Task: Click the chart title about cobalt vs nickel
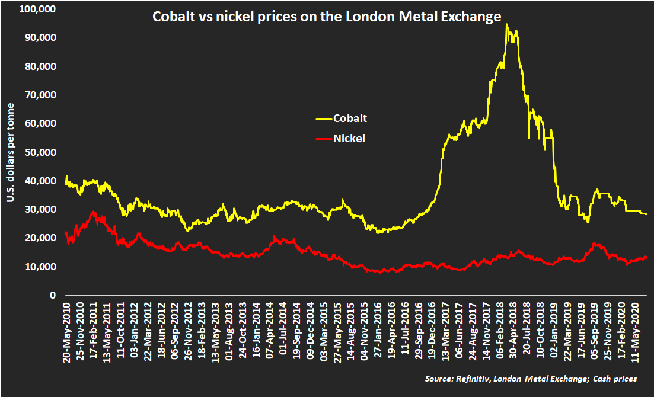point(327,17)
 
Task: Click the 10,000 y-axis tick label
point(42,267)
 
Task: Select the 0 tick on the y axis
point(53,295)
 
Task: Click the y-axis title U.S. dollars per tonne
point(11,151)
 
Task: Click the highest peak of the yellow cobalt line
point(506,24)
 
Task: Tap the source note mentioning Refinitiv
point(531,379)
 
